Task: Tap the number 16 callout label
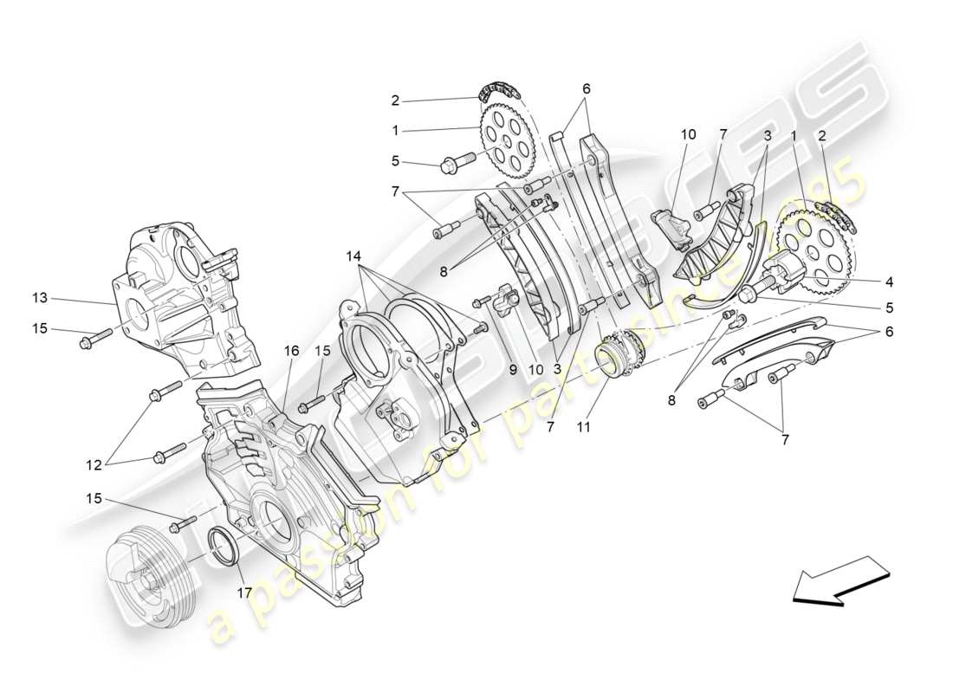291,351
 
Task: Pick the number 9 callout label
514,369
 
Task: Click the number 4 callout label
889,281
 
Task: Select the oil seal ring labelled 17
228,547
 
